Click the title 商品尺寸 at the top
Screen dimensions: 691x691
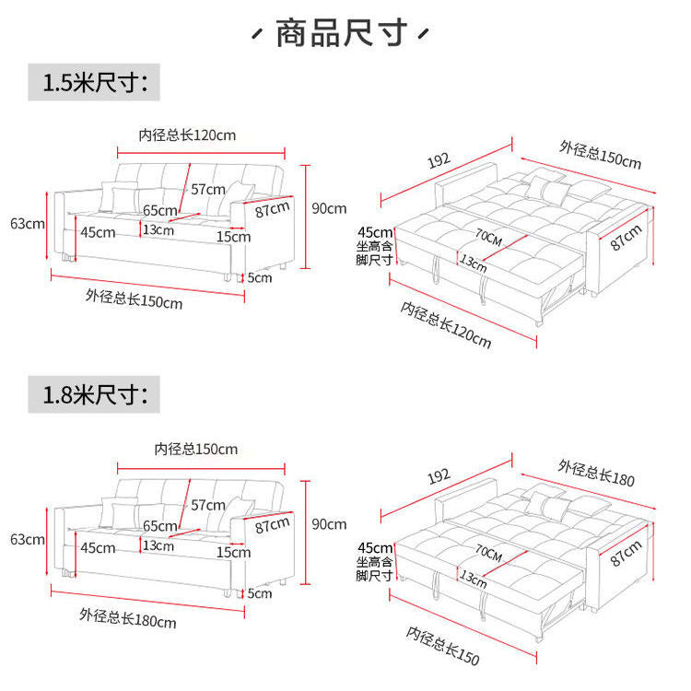pyautogui.click(x=342, y=34)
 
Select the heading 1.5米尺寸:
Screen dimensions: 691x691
pyautogui.click(x=95, y=82)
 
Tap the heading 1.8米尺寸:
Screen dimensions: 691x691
pyautogui.click(x=95, y=396)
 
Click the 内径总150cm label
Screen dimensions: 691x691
pyautogui.click(x=196, y=449)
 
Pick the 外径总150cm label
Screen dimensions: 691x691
pyautogui.click(x=600, y=154)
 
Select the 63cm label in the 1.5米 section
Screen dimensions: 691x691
pyautogui.click(x=27, y=223)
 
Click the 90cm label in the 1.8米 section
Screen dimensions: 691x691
pyautogui.click(x=329, y=523)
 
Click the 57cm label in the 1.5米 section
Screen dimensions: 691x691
pyautogui.click(x=208, y=189)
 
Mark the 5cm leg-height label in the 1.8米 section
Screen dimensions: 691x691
pyautogui.click(x=260, y=593)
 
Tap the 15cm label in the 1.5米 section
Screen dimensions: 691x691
pyautogui.click(x=233, y=236)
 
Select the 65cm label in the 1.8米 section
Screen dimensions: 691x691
pyautogui.click(x=159, y=526)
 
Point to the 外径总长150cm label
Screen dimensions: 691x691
pyautogui.click(x=135, y=299)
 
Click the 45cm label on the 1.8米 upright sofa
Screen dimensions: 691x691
pyautogui.click(x=98, y=547)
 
